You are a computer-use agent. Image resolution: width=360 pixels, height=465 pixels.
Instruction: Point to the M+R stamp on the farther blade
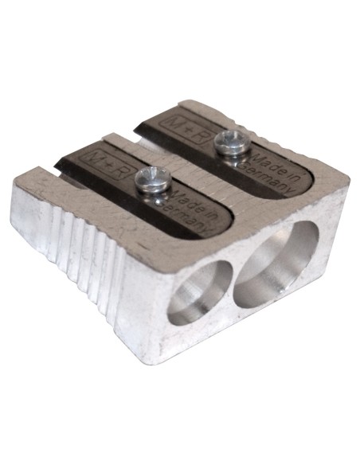175,120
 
